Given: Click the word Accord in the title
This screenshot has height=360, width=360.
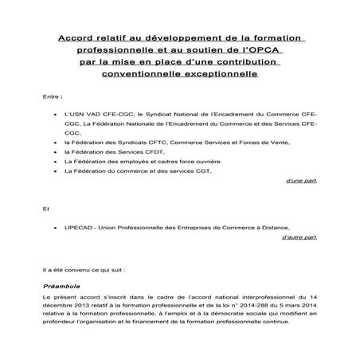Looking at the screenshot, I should point(78,37).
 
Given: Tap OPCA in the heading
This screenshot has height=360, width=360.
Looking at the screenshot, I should point(268,50).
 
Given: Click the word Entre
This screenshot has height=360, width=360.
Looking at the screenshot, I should point(50,98).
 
